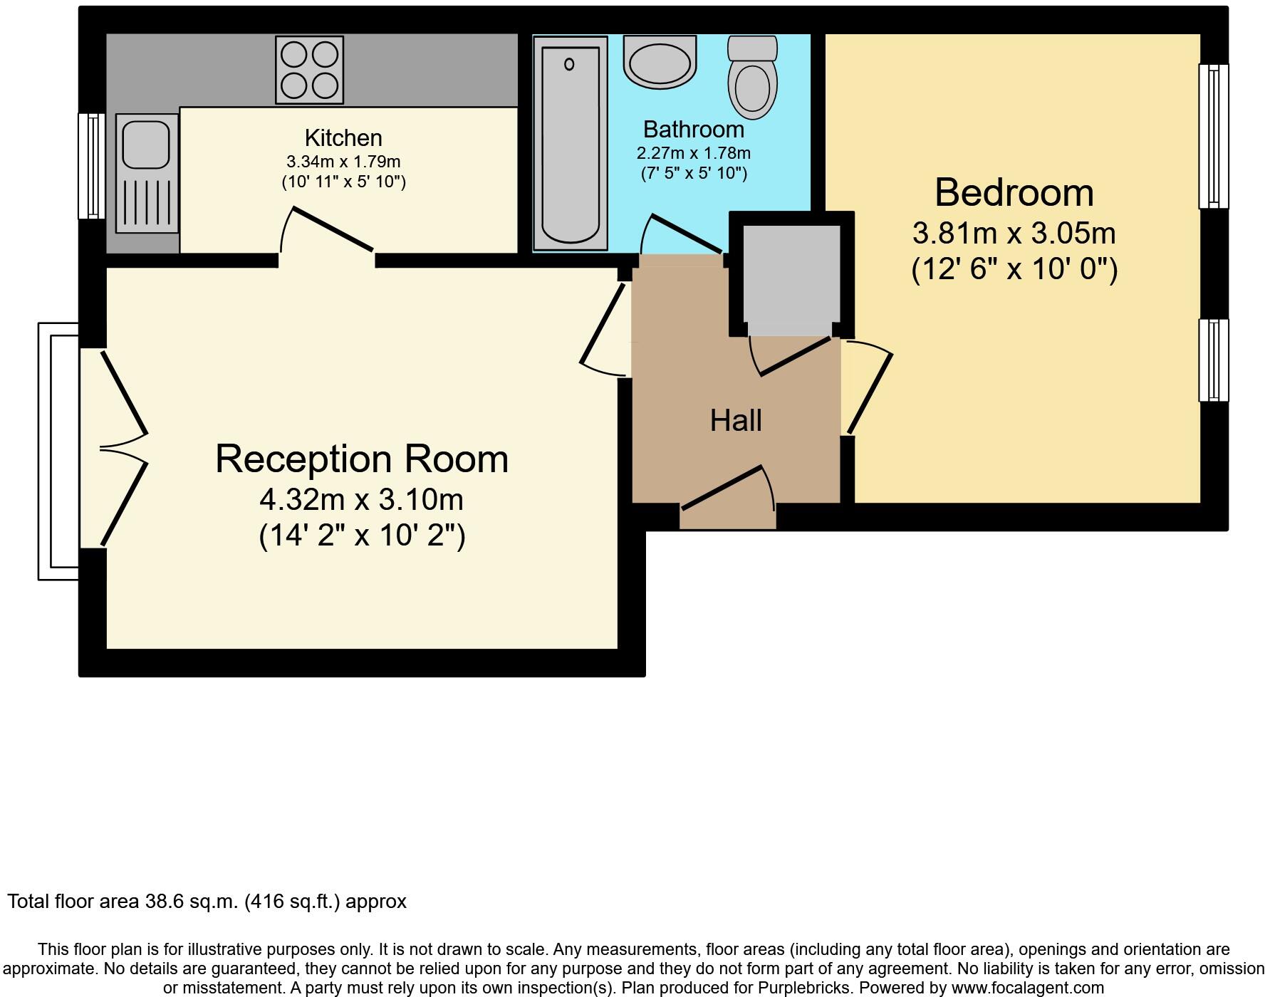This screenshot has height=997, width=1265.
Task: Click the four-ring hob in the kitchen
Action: pyautogui.click(x=309, y=70)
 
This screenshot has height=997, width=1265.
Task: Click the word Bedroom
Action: pyautogui.click(x=1014, y=193)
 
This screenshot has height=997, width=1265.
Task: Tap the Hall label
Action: pyautogui.click(x=736, y=421)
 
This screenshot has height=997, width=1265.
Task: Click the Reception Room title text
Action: pyautogui.click(x=362, y=459)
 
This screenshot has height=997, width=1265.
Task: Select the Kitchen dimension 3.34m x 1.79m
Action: pyautogui.click(x=343, y=162)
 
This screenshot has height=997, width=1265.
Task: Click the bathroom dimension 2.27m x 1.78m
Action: pyautogui.click(x=693, y=153)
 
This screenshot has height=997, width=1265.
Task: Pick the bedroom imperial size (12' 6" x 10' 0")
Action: pyautogui.click(x=1014, y=270)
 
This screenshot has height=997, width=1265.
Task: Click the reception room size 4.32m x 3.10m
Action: pyautogui.click(x=361, y=500)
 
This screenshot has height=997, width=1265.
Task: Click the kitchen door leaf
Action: pyautogui.click(x=333, y=229)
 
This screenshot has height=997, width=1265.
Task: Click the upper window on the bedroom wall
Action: pyautogui.click(x=1214, y=136)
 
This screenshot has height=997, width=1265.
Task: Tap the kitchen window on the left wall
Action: pyautogui.click(x=91, y=165)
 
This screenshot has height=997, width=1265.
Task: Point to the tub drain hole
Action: pyautogui.click(x=569, y=65)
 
